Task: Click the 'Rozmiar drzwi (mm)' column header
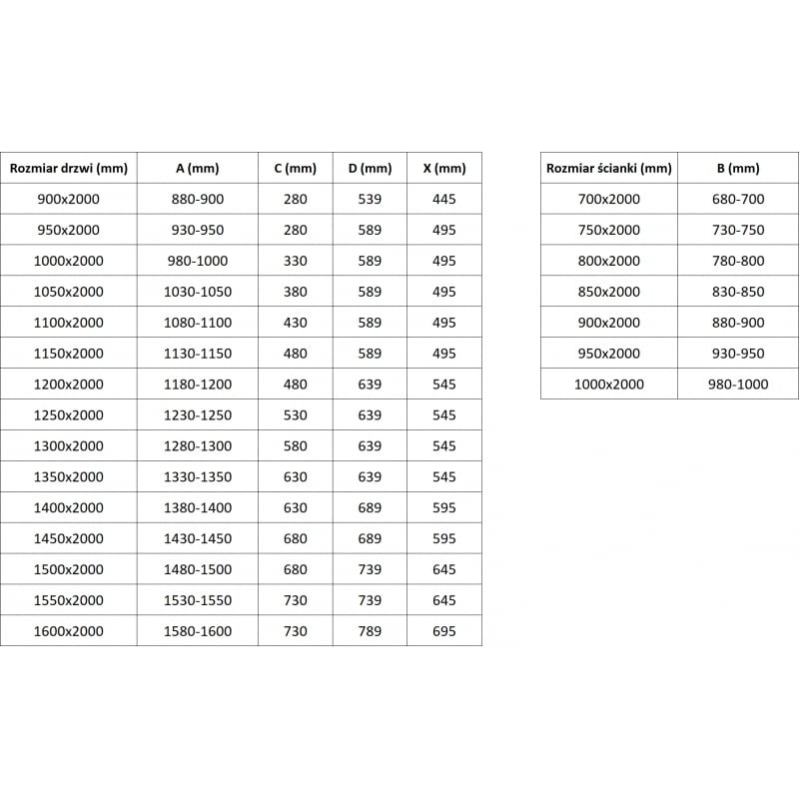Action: click(x=68, y=168)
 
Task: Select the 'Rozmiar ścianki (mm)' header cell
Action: click(x=608, y=168)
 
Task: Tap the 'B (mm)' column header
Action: click(x=738, y=168)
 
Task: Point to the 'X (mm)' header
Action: click(x=444, y=168)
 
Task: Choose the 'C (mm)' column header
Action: click(x=295, y=168)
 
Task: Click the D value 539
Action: click(x=370, y=199)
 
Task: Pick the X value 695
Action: click(x=444, y=631)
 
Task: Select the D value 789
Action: click(x=370, y=631)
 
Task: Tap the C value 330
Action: click(x=295, y=261)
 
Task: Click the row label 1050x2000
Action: click(x=68, y=292)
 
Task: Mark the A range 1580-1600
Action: click(x=198, y=631)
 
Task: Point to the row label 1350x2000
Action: click(x=68, y=476)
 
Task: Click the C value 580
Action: click(x=295, y=445)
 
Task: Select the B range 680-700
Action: click(x=738, y=199)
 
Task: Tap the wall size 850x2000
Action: click(x=608, y=292)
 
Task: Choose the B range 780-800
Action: click(x=738, y=261)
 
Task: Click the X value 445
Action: click(x=444, y=199)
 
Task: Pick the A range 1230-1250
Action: click(x=198, y=414)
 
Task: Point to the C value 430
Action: click(x=295, y=323)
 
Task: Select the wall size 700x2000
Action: click(x=608, y=199)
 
